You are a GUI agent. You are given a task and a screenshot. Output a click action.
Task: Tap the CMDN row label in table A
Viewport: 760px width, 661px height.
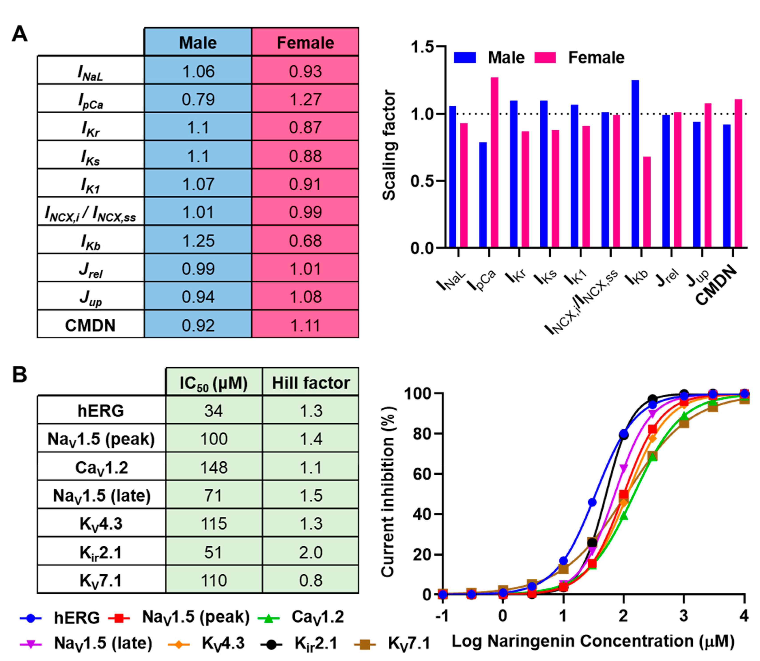tap(90, 325)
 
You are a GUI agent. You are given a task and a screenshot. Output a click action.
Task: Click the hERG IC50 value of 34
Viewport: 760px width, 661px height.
tap(214, 410)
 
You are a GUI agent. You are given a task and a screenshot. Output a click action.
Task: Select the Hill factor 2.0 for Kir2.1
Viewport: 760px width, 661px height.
tap(311, 552)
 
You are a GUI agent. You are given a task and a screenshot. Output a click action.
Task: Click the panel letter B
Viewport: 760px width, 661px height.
tap(20, 374)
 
